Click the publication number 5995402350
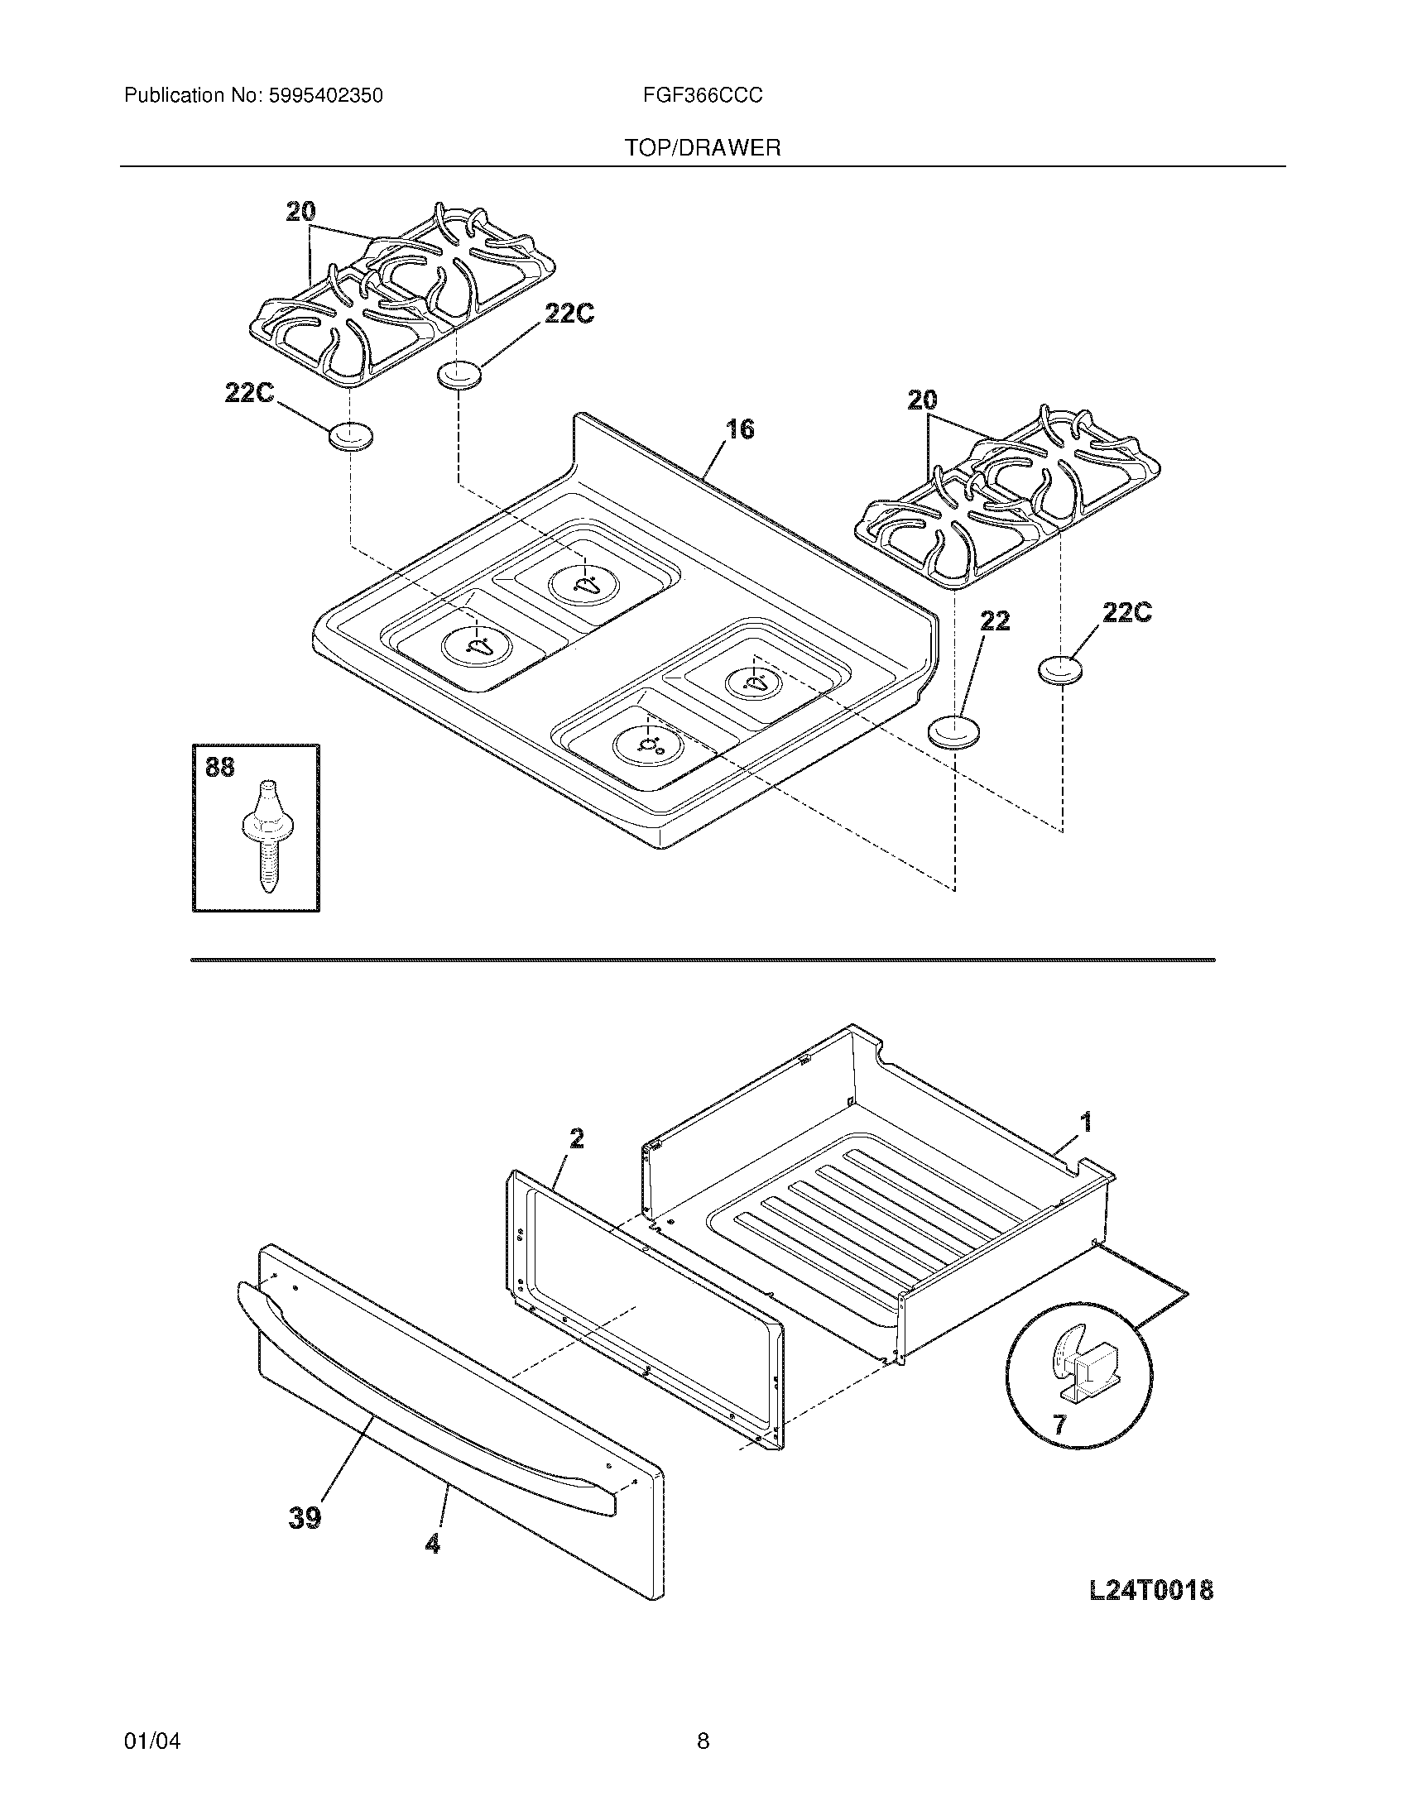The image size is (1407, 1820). pos(326,96)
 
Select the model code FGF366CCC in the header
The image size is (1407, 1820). pos(702,96)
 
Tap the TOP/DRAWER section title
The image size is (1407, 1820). pos(703,148)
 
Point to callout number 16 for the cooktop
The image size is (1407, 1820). pos(739,429)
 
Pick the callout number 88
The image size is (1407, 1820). pos(219,767)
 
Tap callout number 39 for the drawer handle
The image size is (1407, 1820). pos(305,1518)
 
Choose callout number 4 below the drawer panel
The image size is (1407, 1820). pos(432,1544)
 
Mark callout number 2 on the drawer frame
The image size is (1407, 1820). pos(576,1138)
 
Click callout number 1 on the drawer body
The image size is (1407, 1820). pos(1085,1123)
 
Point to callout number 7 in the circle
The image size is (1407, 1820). pos(1059,1425)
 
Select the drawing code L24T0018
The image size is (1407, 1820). pos(1151,1591)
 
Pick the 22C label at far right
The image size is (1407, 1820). pos(1127,612)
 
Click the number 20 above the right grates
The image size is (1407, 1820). pos(922,401)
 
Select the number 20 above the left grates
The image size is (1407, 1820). pos(300,212)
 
